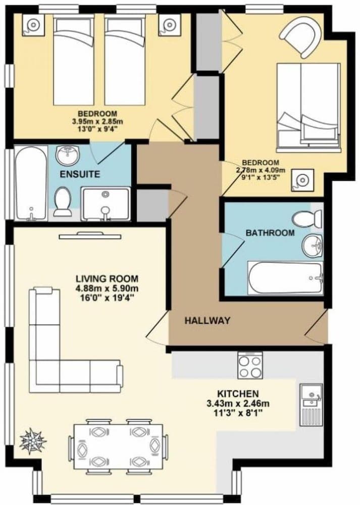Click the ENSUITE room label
(x=80, y=174)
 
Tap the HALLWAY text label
(x=208, y=321)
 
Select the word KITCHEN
(x=238, y=393)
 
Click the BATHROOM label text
(x=270, y=232)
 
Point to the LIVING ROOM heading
(x=107, y=279)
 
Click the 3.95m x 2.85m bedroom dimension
(x=98, y=121)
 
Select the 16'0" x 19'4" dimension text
(x=107, y=297)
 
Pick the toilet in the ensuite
(x=63, y=202)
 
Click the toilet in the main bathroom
(x=307, y=219)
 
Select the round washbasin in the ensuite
(x=67, y=154)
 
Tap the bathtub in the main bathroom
(x=285, y=278)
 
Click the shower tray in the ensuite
(x=106, y=204)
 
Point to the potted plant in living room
(x=32, y=441)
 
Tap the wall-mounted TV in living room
(x=90, y=236)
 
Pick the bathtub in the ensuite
(x=31, y=183)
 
